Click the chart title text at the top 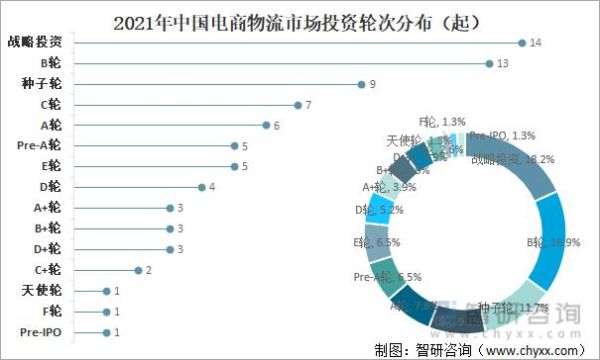(x=299, y=19)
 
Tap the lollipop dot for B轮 (x=489, y=63)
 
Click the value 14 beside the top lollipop (x=536, y=42)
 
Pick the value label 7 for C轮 (x=310, y=104)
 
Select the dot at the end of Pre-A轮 (x=233, y=146)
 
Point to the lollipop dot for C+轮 (x=138, y=270)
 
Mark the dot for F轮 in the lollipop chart (x=106, y=311)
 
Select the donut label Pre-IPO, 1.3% (x=501, y=136)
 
